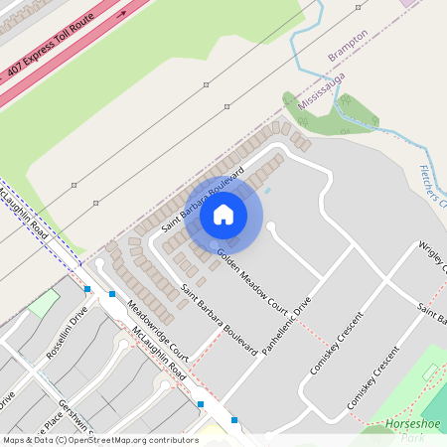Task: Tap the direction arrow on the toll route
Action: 120,15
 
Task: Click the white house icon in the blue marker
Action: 223,214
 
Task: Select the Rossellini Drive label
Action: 67,341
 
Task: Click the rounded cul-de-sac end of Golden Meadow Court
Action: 271,227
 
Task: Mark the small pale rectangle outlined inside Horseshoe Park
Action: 430,372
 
